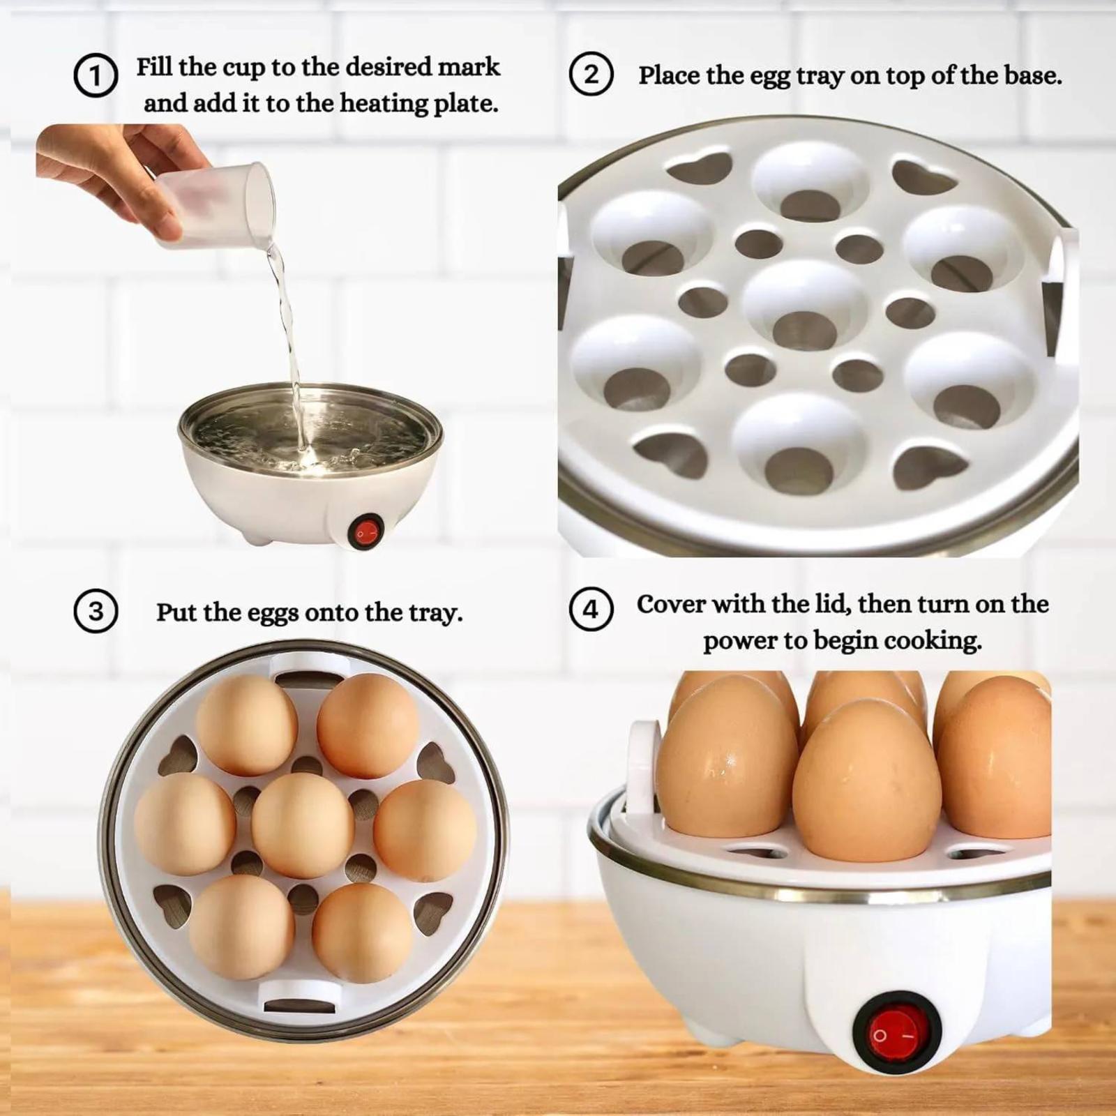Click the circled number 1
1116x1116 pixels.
(x=96, y=76)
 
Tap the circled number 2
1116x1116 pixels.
(x=591, y=75)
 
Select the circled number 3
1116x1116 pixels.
(x=96, y=611)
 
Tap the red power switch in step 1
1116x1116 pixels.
(x=365, y=532)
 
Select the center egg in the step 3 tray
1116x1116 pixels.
(x=303, y=826)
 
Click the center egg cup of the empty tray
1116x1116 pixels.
(x=804, y=306)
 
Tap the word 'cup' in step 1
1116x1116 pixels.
(x=245, y=67)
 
